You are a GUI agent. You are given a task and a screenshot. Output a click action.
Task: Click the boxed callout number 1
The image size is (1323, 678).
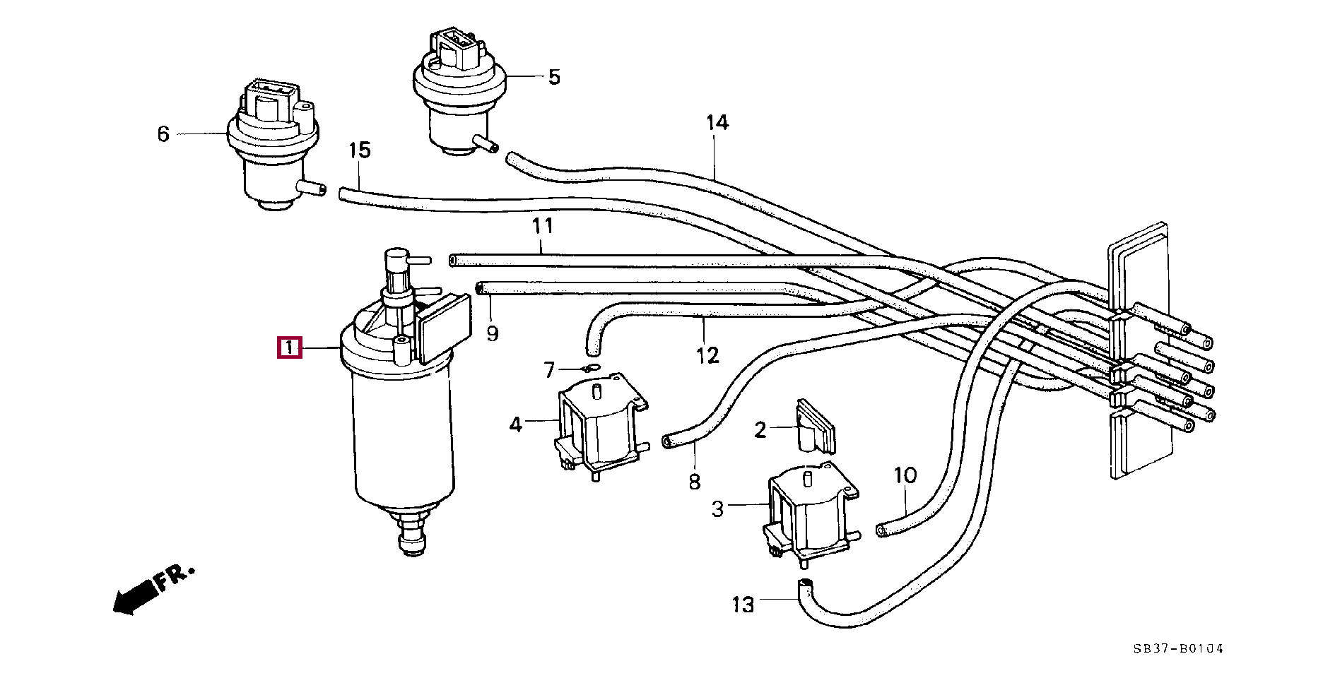(290, 348)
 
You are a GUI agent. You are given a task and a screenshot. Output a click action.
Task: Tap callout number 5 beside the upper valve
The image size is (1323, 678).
(554, 77)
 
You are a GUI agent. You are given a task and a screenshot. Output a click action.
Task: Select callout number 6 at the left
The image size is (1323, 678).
(163, 133)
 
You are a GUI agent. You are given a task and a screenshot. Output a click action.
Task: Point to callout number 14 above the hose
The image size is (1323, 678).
(717, 123)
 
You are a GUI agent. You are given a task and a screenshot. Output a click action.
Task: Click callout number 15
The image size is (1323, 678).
(359, 150)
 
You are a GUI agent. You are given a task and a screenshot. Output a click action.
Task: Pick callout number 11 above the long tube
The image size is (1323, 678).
(542, 226)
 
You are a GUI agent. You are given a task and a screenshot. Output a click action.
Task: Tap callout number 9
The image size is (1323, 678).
(493, 333)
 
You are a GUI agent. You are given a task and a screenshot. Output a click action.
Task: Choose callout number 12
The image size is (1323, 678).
(707, 355)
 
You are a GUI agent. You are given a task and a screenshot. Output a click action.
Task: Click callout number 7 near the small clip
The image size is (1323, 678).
(550, 369)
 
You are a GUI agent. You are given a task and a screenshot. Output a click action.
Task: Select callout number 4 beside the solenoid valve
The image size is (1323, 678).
(516, 425)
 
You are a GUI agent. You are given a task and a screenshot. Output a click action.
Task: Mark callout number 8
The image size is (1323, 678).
(694, 482)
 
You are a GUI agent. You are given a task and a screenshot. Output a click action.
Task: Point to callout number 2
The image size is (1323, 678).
(760, 429)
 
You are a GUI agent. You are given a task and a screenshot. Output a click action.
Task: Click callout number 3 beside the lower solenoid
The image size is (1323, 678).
(717, 509)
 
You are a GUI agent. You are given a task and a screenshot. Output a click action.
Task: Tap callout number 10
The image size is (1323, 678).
(905, 475)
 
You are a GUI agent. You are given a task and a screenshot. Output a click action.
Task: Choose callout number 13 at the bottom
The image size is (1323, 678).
(743, 605)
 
